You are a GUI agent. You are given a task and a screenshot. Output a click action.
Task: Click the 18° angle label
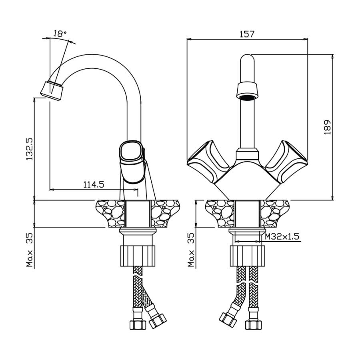pos(60,34)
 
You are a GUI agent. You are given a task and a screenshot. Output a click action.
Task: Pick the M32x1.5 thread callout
pos(282,236)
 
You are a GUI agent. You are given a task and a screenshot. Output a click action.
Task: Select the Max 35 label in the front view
pos(192,250)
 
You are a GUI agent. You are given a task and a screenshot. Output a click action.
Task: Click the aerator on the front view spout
pos(247,90)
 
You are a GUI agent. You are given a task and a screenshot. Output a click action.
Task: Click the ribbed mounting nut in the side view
pos(137,256)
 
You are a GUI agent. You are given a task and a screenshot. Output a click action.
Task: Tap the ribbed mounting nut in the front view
pos(247,256)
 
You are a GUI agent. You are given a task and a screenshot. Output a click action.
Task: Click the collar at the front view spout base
pos(247,154)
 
